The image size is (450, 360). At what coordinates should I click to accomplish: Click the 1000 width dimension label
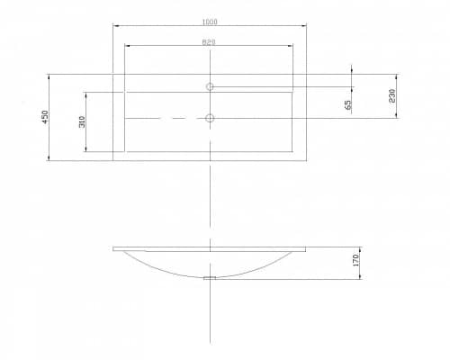[x=210, y=22]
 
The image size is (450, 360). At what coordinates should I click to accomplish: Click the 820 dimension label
[x=209, y=42]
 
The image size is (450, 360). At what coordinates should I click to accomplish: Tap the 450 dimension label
[x=45, y=117]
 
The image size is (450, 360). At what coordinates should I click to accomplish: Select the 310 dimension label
[x=82, y=121]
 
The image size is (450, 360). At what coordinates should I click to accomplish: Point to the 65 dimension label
[x=347, y=104]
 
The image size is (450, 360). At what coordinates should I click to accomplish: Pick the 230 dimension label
[x=392, y=95]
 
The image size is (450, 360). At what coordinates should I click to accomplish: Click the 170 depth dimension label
[x=355, y=260]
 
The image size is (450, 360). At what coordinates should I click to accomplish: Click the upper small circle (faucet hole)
[x=210, y=86]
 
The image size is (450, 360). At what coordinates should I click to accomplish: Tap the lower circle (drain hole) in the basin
[x=210, y=118]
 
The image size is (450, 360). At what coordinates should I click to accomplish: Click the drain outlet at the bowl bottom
[x=210, y=278]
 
